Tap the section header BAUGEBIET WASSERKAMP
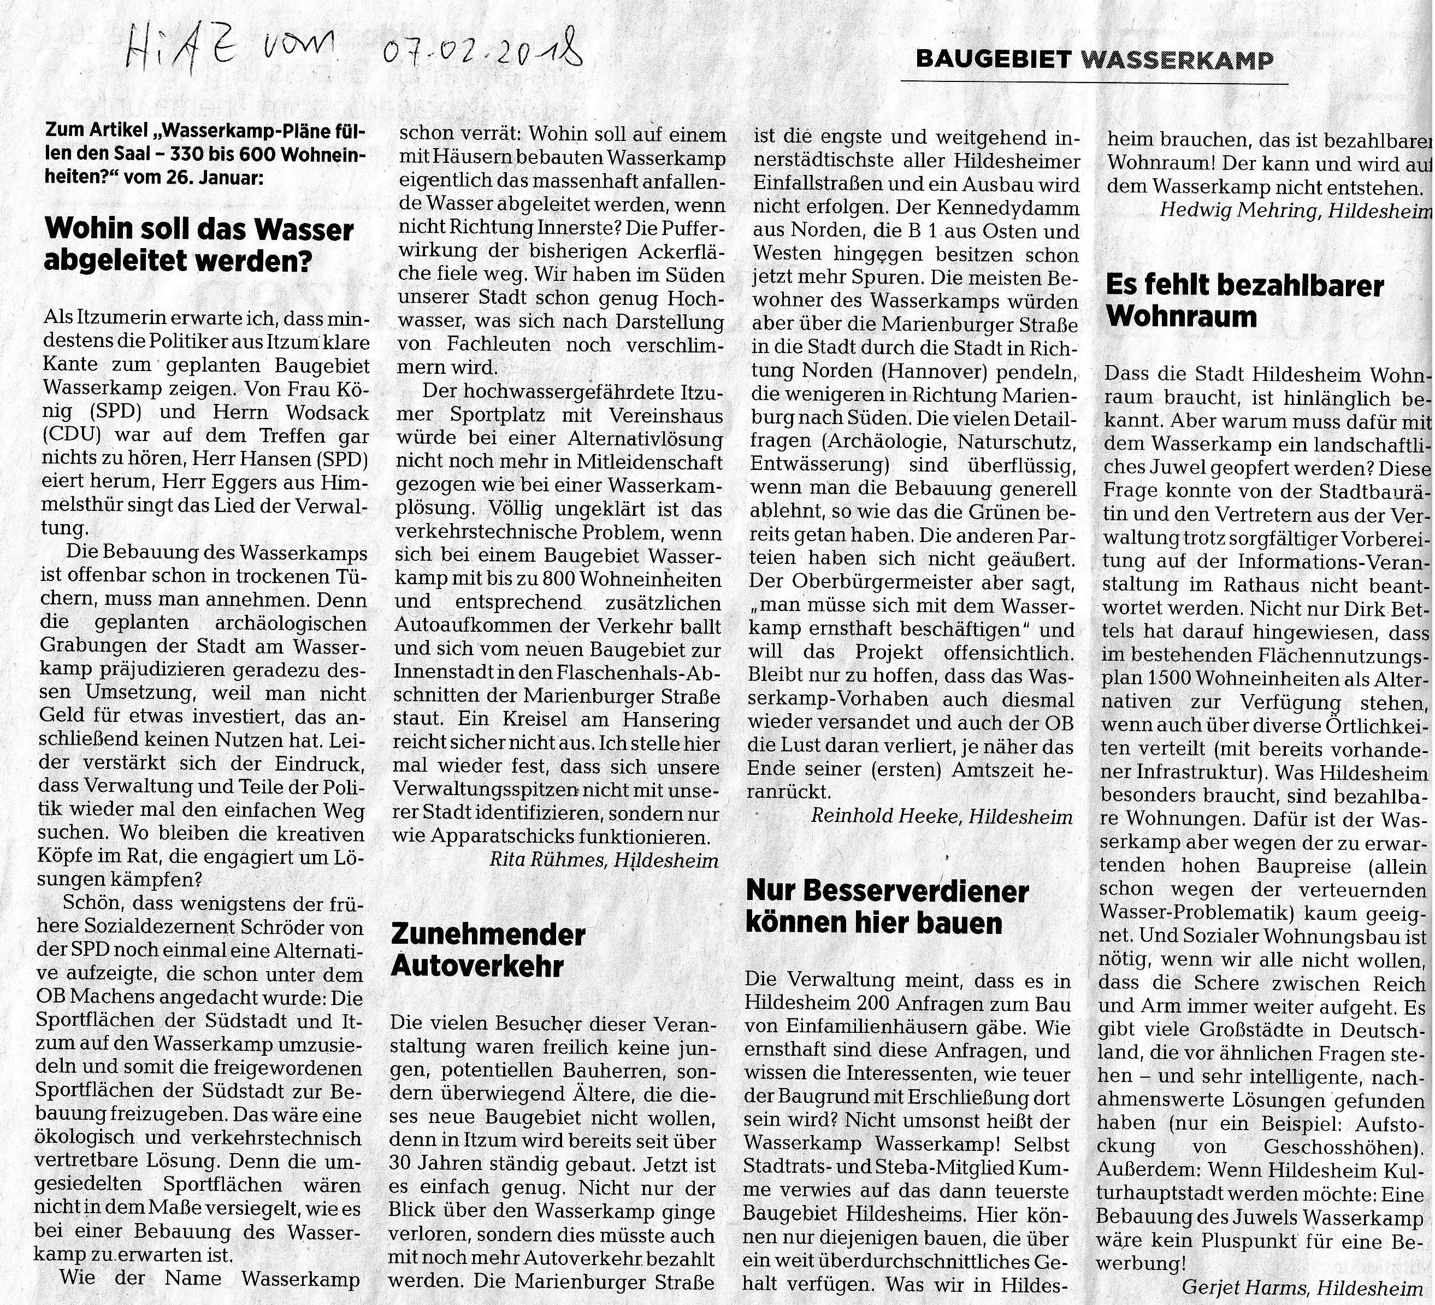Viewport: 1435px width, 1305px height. click(x=1094, y=60)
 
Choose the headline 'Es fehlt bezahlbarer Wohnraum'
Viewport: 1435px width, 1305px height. click(x=1244, y=301)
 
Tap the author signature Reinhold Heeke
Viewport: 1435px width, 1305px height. click(x=888, y=816)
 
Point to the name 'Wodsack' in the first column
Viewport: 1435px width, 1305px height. click(x=324, y=413)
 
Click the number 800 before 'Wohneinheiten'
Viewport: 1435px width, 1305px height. click(x=562, y=579)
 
